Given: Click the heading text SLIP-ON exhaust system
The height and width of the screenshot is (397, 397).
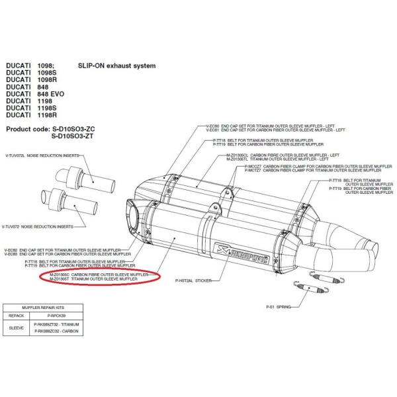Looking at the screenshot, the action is click(116, 66).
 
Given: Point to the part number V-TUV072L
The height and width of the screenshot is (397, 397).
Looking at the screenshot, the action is click(15, 154).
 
